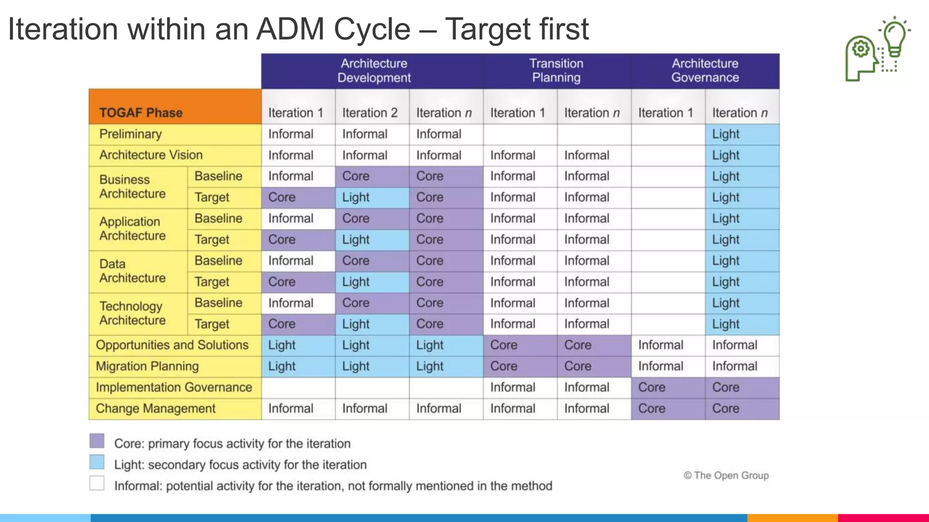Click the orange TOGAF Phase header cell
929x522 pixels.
(x=175, y=107)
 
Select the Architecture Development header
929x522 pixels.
(x=374, y=71)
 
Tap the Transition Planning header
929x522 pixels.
(x=556, y=71)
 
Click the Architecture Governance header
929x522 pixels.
(x=705, y=71)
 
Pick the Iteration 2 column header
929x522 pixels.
(x=370, y=113)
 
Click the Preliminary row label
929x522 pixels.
(x=131, y=134)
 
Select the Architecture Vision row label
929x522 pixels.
(x=151, y=155)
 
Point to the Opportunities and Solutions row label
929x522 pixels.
(x=172, y=345)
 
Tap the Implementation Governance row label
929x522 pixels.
(x=174, y=387)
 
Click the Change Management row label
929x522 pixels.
(x=156, y=408)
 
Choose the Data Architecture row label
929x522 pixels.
(x=132, y=271)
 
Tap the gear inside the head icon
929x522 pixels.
(x=861, y=49)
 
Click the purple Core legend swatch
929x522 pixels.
(x=97, y=441)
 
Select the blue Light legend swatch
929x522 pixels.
(x=97, y=462)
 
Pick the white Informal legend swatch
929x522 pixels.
(x=97, y=483)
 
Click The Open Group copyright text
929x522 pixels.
(x=726, y=475)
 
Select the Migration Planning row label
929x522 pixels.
(x=147, y=366)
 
